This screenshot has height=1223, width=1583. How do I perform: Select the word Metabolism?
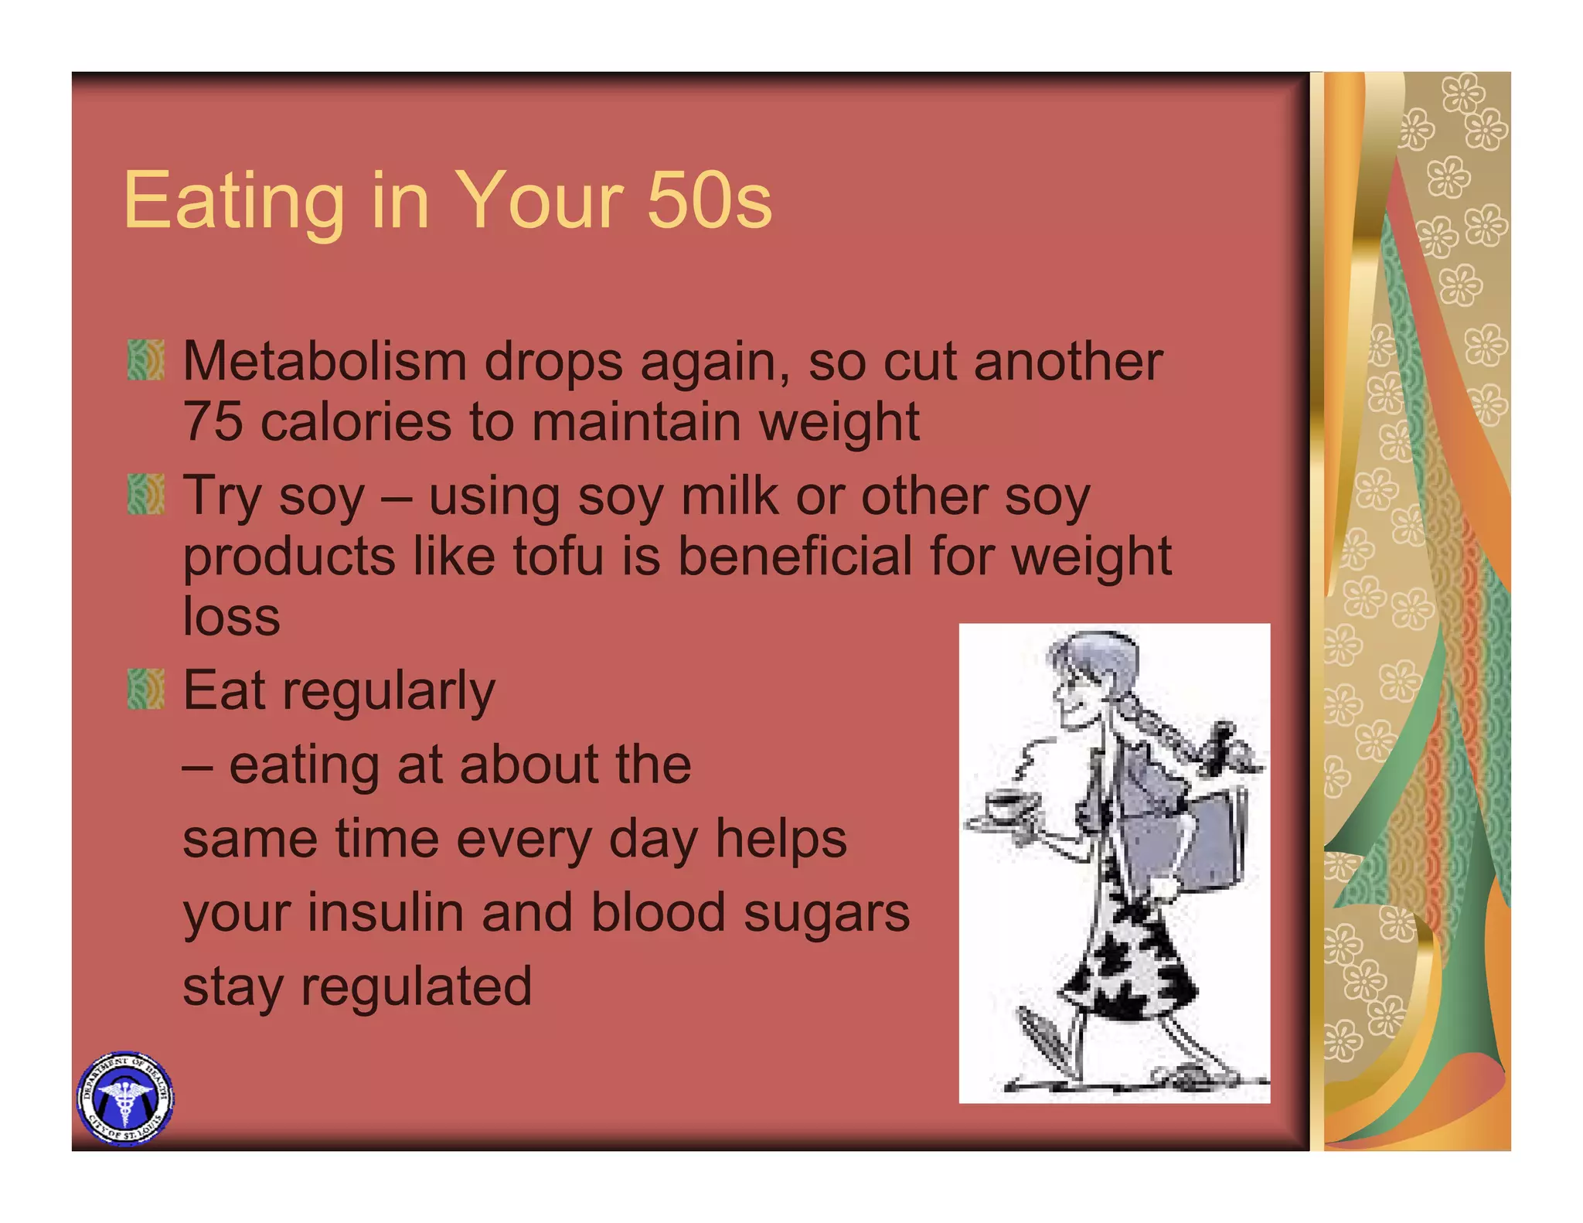325,361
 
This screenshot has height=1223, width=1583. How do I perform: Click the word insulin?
386,912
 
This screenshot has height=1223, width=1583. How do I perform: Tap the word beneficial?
795,556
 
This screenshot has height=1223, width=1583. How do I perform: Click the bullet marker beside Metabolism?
145,360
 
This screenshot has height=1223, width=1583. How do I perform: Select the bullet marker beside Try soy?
145,495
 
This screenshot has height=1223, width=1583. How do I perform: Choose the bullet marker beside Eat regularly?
145,690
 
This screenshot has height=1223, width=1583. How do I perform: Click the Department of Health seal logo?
125,1099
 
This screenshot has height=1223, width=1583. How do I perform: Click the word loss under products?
231,617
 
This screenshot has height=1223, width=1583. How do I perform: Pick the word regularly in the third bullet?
388,690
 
